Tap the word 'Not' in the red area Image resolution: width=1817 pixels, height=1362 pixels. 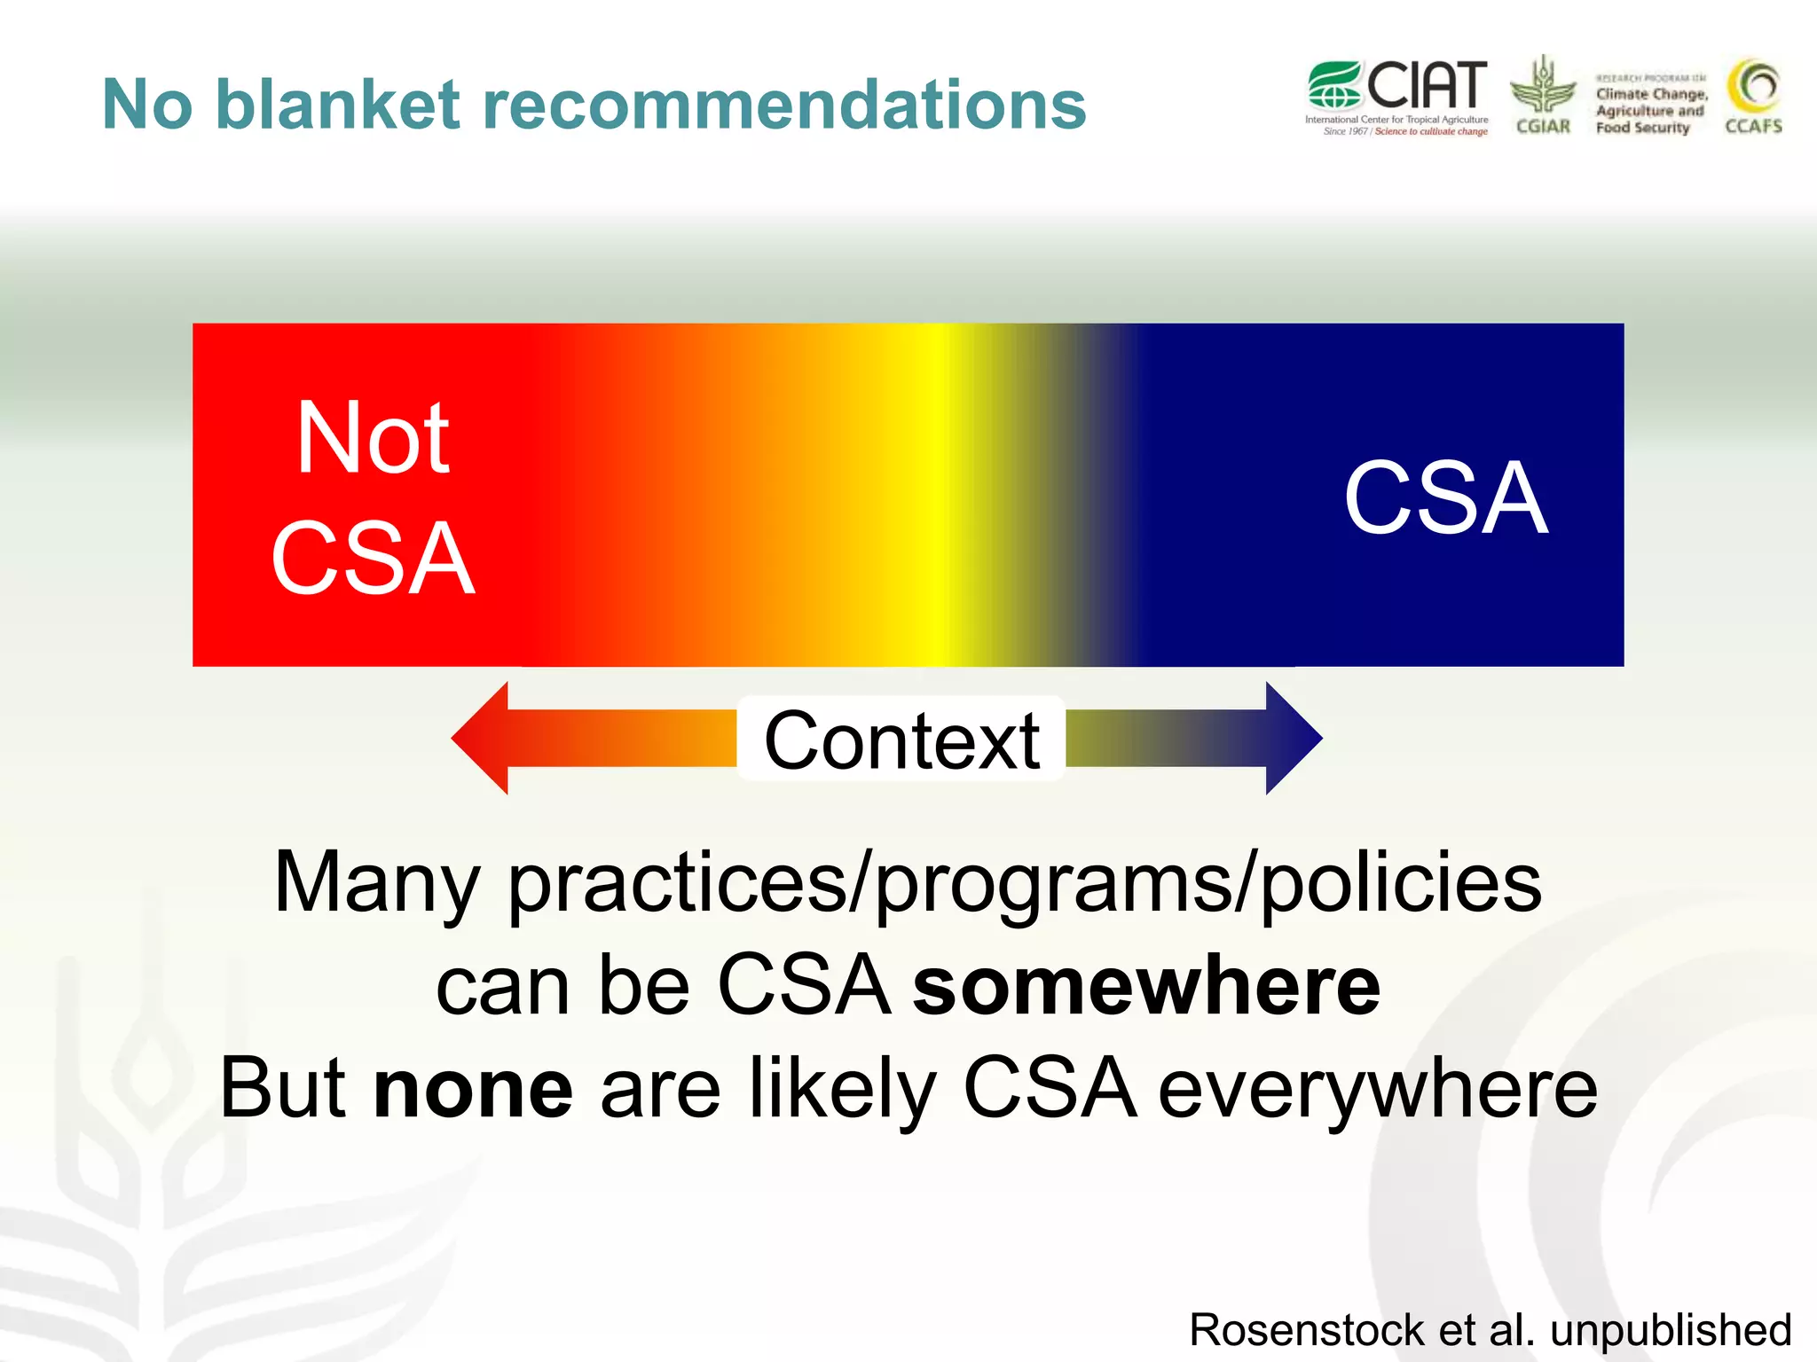click(373, 438)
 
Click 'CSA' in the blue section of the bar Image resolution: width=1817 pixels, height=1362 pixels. click(1445, 498)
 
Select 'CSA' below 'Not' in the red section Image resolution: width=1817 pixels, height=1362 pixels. click(373, 559)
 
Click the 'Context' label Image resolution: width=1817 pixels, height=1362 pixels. click(901, 740)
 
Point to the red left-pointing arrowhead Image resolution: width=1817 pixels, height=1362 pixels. click(484, 738)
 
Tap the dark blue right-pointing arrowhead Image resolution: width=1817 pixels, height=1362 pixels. click(1292, 738)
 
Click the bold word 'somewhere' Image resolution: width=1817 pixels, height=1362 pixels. click(1146, 986)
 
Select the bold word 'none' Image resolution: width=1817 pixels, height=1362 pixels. click(474, 1089)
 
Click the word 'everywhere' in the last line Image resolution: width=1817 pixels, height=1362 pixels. click(1378, 1089)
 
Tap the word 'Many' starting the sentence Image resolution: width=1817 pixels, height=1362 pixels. click(377, 883)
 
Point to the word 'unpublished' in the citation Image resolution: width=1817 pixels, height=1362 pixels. click(1671, 1330)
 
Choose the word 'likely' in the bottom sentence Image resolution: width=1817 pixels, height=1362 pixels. click(842, 1089)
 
